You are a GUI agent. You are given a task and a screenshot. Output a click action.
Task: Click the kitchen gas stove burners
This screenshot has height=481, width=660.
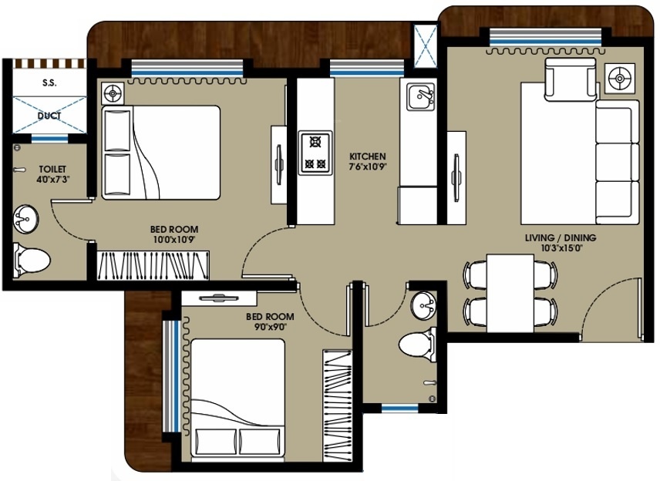[x=315, y=152]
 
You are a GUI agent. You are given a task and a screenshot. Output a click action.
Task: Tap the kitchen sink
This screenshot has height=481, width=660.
[x=420, y=96]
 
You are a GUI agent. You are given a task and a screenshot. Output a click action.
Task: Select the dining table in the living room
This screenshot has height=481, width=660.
[x=509, y=291]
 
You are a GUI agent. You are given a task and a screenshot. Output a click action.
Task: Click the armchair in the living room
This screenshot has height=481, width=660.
[x=570, y=79]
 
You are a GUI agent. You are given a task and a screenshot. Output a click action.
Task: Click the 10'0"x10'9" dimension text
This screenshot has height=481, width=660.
[x=173, y=240]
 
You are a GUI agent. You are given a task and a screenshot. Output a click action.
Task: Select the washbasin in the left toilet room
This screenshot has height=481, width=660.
[x=25, y=219]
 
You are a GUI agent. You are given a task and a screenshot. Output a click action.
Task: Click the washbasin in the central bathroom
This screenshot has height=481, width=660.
[x=423, y=306]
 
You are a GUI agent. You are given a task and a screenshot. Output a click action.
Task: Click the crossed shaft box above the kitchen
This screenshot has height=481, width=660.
[x=425, y=46]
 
